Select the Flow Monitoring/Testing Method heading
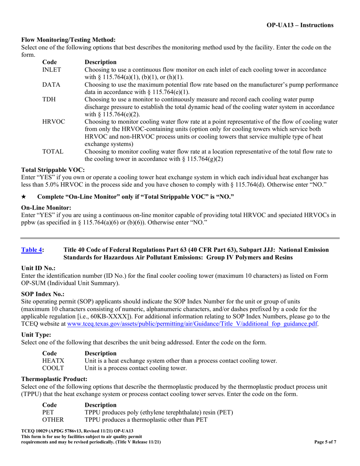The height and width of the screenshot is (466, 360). pos(68,40)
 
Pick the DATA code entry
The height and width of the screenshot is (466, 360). pos(51,84)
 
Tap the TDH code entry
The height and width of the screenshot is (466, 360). pos(49,99)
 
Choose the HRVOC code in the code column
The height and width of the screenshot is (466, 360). pos(53,122)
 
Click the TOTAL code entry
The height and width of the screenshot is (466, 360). pos(53,152)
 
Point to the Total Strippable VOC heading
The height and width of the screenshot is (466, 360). pos(53,170)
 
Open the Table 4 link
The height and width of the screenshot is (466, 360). pos(31,250)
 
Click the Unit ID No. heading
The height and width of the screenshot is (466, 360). pos(38,268)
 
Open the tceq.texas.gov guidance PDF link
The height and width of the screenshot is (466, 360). pos(192,324)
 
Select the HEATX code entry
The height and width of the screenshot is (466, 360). pos(53,361)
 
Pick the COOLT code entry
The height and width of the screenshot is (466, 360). pos(53,368)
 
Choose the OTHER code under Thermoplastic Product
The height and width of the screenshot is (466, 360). pos(53,419)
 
